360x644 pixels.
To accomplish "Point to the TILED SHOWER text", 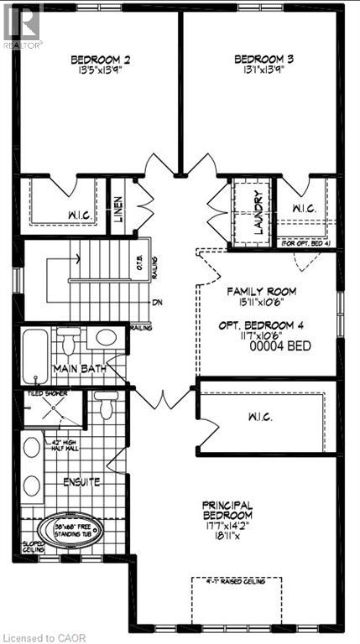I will [x=50, y=392].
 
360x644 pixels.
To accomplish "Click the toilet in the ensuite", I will [x=104, y=407].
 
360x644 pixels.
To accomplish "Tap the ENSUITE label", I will [x=81, y=483].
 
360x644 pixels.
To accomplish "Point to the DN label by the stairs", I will [x=156, y=302].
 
